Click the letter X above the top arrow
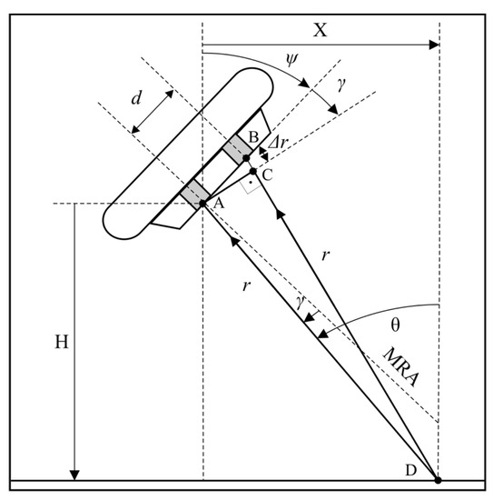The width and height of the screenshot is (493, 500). [x=319, y=29]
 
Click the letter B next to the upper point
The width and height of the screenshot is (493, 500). [x=254, y=139]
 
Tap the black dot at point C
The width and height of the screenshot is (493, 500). [x=253, y=170]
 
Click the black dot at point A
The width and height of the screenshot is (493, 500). [x=202, y=203]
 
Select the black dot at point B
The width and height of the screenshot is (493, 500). [x=246, y=158]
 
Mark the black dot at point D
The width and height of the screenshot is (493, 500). [x=439, y=480]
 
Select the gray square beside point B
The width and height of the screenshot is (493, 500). [x=238, y=148]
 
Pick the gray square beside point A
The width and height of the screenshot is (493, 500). [x=194, y=192]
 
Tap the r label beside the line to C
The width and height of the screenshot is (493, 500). [x=325, y=255]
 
